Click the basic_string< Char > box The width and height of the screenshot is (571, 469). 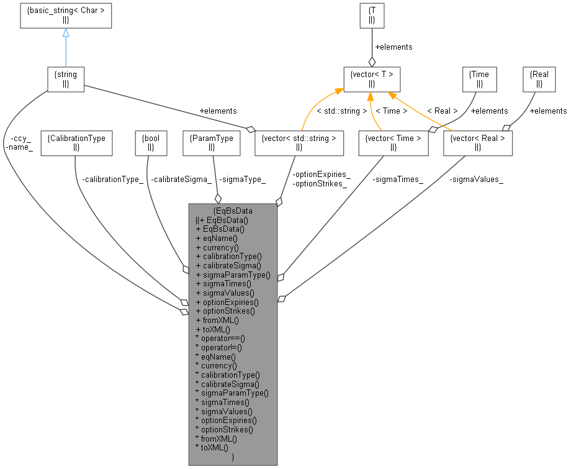coord(66,16)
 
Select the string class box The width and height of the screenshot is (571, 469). coord(66,79)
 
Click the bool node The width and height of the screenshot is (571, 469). coord(151,142)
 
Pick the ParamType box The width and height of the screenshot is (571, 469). coord(212,142)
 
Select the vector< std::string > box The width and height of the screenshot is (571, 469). coord(299,142)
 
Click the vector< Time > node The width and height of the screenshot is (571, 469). coord(393,142)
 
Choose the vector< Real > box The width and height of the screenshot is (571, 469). coord(478,142)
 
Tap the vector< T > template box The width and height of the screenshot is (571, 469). coord(372,79)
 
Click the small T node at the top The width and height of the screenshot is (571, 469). coord(372,16)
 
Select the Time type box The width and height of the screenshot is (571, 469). coord(480,79)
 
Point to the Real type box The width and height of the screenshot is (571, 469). coord(540,79)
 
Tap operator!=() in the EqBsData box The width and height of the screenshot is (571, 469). coord(220,348)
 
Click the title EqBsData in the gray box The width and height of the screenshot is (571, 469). coord(233,211)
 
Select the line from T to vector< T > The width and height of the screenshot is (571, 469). coord(372,47)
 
